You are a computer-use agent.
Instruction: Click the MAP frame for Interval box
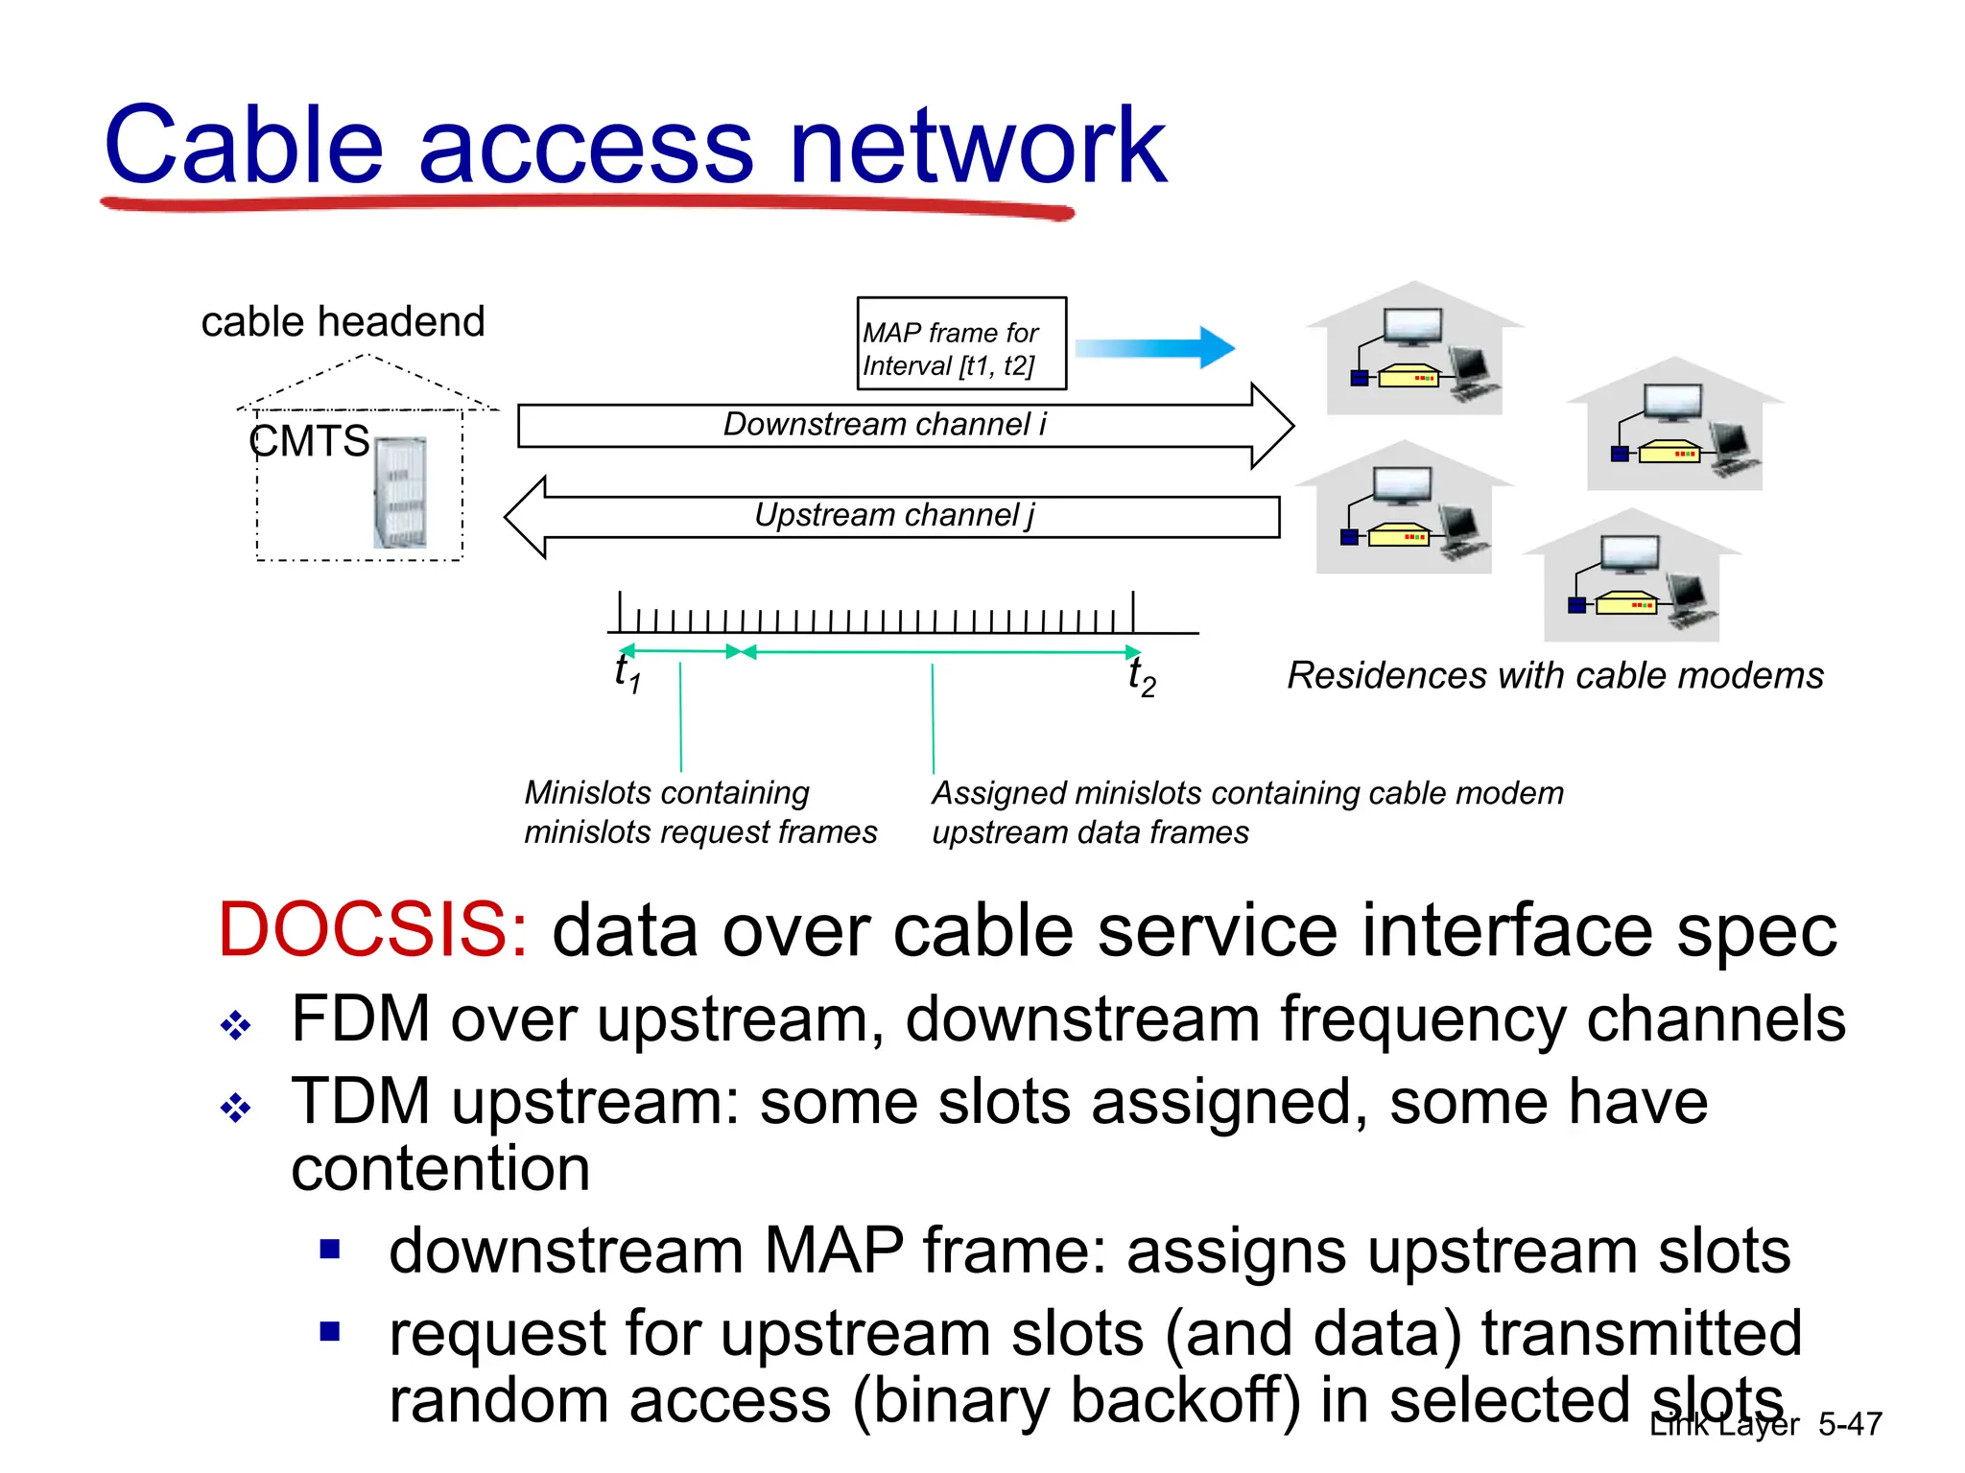tap(960, 343)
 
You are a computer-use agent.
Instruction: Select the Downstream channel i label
tap(884, 424)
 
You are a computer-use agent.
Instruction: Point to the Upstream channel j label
tap(894, 516)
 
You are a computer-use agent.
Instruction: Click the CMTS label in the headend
tap(308, 441)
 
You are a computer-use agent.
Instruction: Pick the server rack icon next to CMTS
tap(400, 493)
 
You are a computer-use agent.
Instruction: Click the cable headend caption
tap(343, 322)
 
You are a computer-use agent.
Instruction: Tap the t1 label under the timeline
tap(627, 672)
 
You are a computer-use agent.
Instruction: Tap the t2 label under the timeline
tap(1141, 676)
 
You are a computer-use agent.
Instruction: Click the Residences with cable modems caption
tap(1554, 676)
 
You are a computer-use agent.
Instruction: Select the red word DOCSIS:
tap(372, 930)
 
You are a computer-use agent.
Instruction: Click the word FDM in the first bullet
tap(360, 1018)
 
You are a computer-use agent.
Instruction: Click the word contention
tap(440, 1169)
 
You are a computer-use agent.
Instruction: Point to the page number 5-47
tap(1850, 1424)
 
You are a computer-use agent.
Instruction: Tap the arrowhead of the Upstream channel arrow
tap(526, 517)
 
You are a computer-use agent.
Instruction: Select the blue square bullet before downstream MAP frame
tap(331, 1250)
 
